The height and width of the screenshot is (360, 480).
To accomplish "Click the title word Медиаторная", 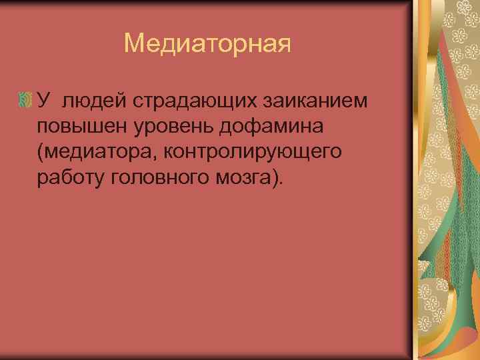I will coord(208,44).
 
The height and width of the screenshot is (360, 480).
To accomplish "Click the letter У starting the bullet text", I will coord(43,100).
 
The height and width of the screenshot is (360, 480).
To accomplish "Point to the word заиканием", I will coord(315,100).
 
